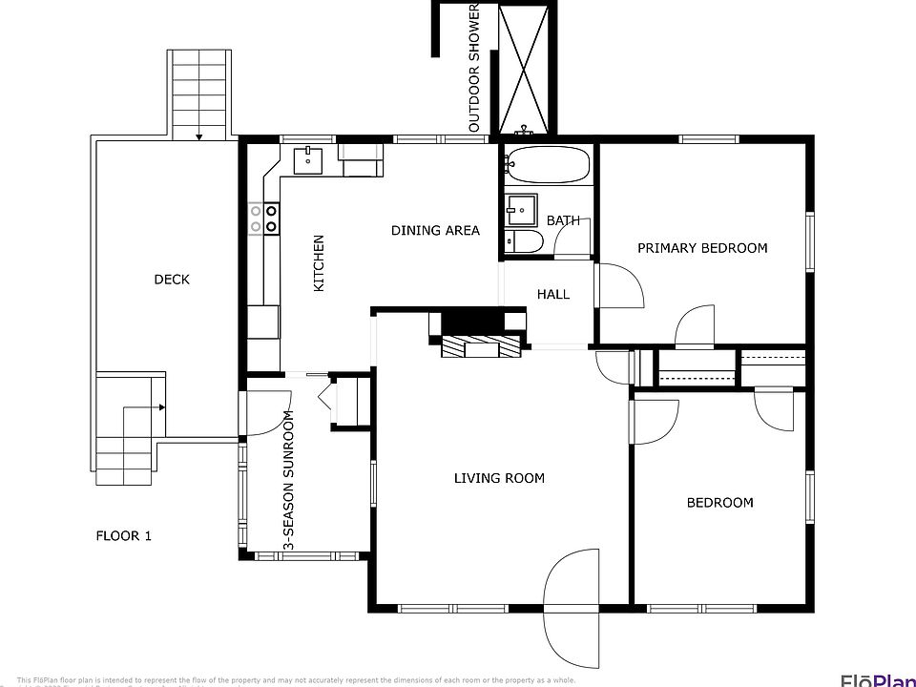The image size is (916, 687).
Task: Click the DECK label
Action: (x=172, y=280)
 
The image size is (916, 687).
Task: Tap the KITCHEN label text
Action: (x=320, y=263)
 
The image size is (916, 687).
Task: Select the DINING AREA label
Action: (x=435, y=230)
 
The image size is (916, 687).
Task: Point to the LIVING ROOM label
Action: (x=499, y=478)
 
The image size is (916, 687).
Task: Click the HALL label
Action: (x=552, y=294)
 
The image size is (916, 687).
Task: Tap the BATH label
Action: (x=563, y=220)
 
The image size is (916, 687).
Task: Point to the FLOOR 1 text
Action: (x=124, y=535)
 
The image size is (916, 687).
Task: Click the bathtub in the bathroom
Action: (x=548, y=166)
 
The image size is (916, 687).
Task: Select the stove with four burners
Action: (x=263, y=219)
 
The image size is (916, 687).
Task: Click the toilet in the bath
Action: (x=519, y=242)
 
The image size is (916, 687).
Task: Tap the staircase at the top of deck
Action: (x=199, y=94)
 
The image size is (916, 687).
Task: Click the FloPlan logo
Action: (x=877, y=679)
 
